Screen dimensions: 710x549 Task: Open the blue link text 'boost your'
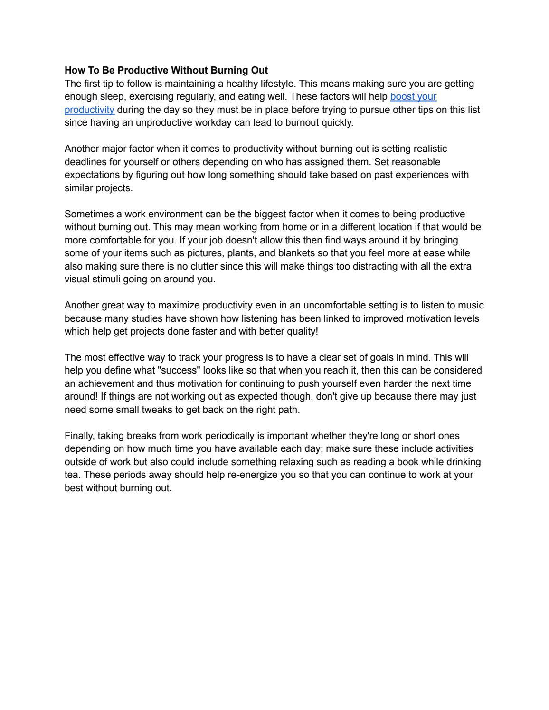pyautogui.click(x=413, y=97)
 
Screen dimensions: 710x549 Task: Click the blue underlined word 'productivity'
pyautogui.click(x=89, y=110)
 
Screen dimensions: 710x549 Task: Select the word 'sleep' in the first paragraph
pyautogui.click(x=112, y=97)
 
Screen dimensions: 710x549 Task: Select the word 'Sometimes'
pyautogui.click(x=87, y=214)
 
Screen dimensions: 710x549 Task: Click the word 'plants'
pyautogui.click(x=240, y=253)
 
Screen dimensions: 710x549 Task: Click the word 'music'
pyautogui.click(x=471, y=305)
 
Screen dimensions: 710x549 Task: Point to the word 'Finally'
pyautogui.click(x=79, y=436)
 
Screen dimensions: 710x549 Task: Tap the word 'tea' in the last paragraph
pyautogui.click(x=71, y=475)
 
